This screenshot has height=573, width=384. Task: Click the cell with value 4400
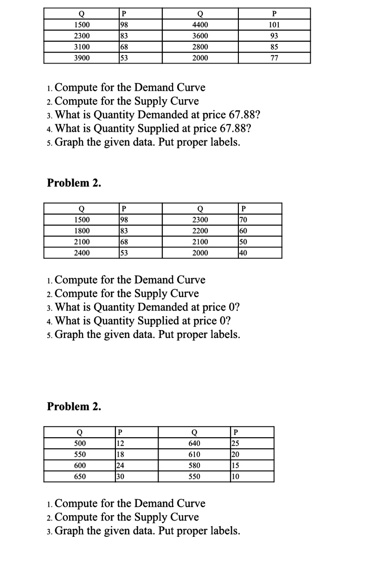click(x=200, y=25)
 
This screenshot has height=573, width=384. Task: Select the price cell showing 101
click(x=274, y=25)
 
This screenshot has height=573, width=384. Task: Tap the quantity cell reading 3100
click(x=82, y=47)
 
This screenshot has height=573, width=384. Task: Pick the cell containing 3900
click(x=82, y=58)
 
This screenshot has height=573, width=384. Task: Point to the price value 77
click(x=274, y=58)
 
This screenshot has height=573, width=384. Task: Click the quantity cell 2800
click(x=200, y=47)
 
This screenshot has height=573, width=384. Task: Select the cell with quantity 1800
click(x=82, y=231)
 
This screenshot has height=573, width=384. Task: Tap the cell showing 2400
click(x=82, y=253)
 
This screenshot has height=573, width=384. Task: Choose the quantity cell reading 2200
click(x=200, y=231)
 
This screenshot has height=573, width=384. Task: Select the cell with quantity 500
click(x=80, y=443)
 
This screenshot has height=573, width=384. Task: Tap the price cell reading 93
click(x=274, y=36)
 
